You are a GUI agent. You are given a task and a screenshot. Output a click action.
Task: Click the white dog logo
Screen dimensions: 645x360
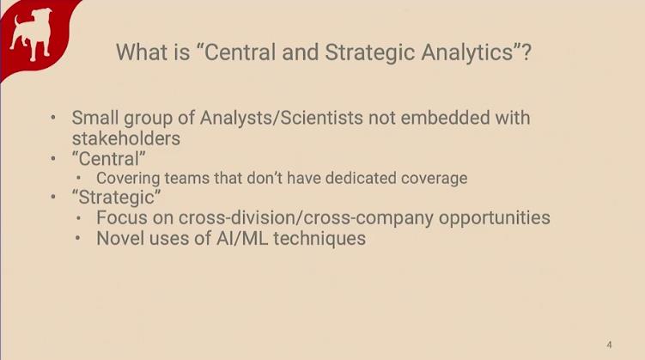tap(32, 34)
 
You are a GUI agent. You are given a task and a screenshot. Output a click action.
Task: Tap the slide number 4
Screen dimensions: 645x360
tap(609, 345)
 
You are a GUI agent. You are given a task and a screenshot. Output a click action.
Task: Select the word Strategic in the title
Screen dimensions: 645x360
tap(370, 52)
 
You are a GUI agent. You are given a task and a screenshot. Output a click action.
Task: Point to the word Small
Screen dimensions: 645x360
tap(95, 118)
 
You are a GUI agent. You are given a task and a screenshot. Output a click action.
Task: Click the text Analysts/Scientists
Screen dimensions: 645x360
tap(282, 118)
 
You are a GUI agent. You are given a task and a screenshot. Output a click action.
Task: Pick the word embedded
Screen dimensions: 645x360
tap(445, 118)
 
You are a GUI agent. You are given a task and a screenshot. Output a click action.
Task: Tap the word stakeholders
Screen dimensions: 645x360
tap(126, 138)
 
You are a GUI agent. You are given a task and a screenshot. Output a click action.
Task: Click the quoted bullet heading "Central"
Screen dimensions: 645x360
tap(108, 159)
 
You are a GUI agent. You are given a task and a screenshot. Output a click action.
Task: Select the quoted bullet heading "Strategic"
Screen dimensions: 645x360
tap(117, 198)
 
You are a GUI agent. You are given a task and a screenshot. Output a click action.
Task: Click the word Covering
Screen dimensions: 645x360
tap(128, 179)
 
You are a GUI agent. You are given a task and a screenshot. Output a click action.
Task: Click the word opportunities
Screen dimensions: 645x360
tap(495, 218)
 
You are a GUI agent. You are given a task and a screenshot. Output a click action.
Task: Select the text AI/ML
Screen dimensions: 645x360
tap(242, 238)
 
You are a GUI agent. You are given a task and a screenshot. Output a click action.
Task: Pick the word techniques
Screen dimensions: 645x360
tap(319, 239)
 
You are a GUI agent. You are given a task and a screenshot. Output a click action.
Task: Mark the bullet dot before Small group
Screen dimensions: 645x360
tap(53, 118)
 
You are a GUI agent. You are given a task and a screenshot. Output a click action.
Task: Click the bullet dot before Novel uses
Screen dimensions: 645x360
tap(78, 238)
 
